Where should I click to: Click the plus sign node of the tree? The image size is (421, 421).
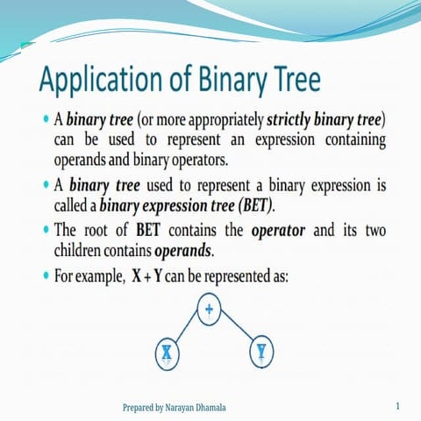pos(209,310)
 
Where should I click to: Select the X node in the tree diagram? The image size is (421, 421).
pos(166,353)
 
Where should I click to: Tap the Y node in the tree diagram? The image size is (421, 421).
pos(261,352)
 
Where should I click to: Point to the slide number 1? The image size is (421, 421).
pos(397,407)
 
